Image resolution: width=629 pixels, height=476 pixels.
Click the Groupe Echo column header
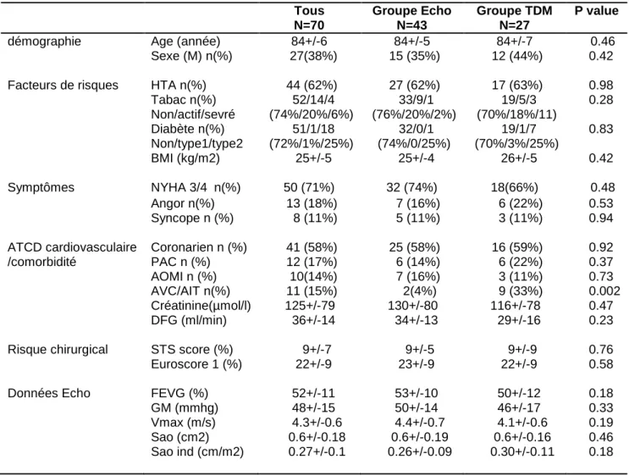click(411, 18)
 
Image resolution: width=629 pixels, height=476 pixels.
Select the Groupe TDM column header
click(514, 18)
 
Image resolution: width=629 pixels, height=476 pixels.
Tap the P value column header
click(597, 11)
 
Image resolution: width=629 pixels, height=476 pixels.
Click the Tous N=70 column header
click(309, 18)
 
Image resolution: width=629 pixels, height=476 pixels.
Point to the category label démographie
click(44, 42)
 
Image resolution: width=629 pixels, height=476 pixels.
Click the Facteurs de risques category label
click(63, 85)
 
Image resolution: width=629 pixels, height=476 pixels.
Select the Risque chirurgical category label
click(58, 350)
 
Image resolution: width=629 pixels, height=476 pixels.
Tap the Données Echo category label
click(49, 393)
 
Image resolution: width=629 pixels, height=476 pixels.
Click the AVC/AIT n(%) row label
click(190, 291)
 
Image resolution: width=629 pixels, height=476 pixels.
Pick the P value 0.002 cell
click(604, 291)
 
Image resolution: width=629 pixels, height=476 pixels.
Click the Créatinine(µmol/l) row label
click(201, 306)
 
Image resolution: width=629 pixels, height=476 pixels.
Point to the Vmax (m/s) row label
click(184, 423)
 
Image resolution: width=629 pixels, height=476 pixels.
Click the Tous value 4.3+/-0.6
click(317, 423)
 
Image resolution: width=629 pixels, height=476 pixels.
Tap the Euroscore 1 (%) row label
click(196, 364)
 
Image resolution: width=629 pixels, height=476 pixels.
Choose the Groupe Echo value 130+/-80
click(413, 306)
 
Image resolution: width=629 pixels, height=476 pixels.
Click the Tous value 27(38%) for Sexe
click(313, 56)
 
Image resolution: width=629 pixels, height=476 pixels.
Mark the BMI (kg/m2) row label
click(185, 158)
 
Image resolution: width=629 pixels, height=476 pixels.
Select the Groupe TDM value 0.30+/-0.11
click(522, 451)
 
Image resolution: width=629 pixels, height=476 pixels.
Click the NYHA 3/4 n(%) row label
click(196, 187)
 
